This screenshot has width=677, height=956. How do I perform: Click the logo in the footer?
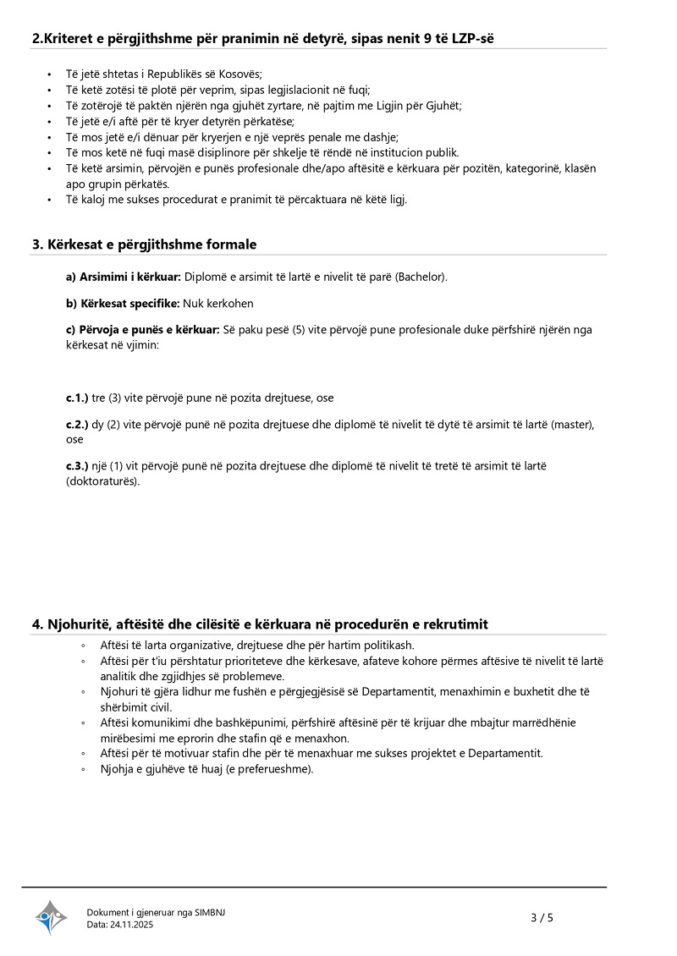(x=51, y=917)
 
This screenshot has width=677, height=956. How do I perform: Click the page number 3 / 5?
(x=542, y=917)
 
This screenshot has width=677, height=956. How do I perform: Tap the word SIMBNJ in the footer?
(x=210, y=912)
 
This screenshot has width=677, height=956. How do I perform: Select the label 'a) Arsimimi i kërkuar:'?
(x=124, y=277)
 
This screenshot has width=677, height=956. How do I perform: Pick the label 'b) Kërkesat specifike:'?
(x=123, y=303)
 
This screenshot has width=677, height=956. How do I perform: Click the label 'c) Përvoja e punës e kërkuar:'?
(x=143, y=329)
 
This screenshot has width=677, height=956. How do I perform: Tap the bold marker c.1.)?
(x=77, y=397)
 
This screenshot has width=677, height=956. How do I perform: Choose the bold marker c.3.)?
(x=77, y=465)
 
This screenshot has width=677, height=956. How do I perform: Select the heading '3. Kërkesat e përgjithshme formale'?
(x=144, y=244)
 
